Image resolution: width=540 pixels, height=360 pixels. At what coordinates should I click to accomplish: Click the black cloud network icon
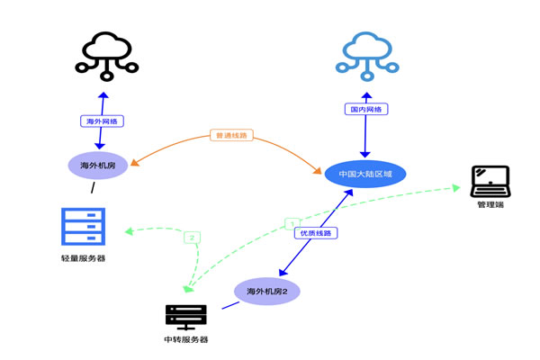(x=105, y=52)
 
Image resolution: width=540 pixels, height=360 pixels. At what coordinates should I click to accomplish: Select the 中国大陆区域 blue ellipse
(x=365, y=173)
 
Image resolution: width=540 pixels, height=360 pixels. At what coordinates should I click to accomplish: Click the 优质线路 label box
(x=314, y=232)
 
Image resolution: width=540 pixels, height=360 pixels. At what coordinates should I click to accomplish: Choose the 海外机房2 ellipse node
(x=273, y=291)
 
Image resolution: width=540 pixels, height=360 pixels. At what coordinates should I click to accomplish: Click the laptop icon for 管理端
(x=490, y=181)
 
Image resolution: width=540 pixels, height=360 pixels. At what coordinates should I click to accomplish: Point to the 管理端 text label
(x=490, y=206)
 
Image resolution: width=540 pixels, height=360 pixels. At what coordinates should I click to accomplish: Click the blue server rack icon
(x=83, y=226)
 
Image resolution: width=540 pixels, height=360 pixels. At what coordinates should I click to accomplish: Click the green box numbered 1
(x=291, y=222)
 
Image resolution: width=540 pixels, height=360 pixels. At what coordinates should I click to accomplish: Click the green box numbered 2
(x=192, y=238)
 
